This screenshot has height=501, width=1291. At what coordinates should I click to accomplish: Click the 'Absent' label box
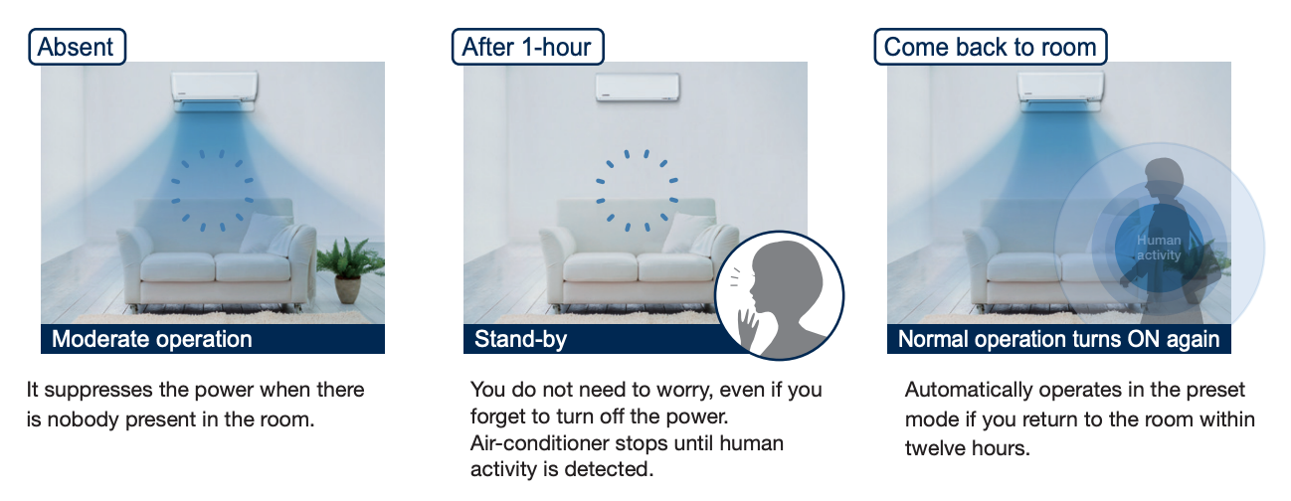78,47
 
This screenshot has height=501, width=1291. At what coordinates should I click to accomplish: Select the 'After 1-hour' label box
527,47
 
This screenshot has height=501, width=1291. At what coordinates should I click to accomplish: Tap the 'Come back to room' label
991,47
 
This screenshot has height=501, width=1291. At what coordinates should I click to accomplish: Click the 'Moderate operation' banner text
152,339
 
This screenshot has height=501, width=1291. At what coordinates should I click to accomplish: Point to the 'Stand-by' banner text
520,339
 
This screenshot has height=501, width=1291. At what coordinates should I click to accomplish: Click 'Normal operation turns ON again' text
1058,339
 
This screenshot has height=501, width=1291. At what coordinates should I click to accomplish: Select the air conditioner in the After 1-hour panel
638,87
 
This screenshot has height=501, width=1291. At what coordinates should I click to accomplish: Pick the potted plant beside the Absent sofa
349,270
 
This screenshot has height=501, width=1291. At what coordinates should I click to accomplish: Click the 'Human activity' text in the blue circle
1159,248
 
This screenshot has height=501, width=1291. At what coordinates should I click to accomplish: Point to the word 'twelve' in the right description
935,448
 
